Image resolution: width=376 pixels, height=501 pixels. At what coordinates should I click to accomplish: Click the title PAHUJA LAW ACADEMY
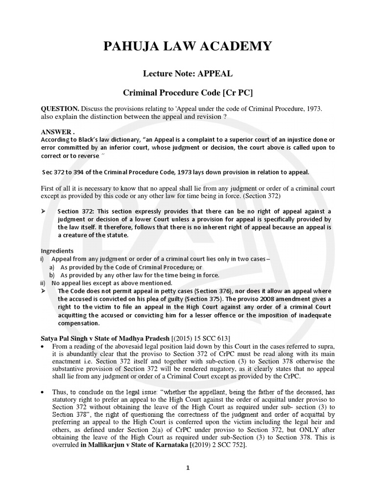[187, 46]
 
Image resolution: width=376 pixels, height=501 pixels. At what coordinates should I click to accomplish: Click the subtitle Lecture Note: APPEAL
[188, 74]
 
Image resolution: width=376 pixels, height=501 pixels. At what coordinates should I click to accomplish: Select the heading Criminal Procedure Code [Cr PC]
[188, 92]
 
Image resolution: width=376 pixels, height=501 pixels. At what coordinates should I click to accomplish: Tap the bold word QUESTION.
[59, 108]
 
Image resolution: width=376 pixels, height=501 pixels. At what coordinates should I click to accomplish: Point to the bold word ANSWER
[56, 132]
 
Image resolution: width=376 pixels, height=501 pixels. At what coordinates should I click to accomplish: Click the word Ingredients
[57, 250]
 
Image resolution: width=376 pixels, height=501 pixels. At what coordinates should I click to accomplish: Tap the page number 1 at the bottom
[188, 468]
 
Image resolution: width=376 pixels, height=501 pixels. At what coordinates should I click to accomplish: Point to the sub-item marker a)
[51, 267]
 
